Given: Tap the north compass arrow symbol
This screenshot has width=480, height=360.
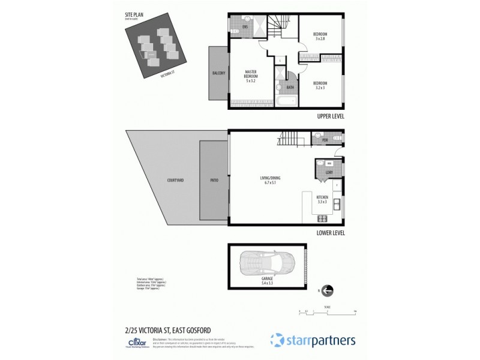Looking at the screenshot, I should [328, 291].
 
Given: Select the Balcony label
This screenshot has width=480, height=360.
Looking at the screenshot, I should [218, 73].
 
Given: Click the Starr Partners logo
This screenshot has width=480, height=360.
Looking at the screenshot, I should [313, 340].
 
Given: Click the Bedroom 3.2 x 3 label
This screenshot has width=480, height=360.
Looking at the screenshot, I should [320, 85].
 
